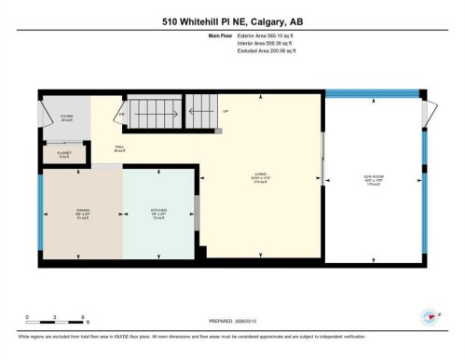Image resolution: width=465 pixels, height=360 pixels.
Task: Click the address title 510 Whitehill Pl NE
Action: click(232, 21)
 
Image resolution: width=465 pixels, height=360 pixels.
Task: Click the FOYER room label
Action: click(67, 118)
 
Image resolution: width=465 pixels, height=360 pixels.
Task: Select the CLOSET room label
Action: click(63, 154)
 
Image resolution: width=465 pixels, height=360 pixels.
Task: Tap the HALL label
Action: click(119, 147)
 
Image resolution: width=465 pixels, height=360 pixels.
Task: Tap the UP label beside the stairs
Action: click(225, 111)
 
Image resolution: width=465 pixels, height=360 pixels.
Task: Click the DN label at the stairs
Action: click(121, 115)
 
